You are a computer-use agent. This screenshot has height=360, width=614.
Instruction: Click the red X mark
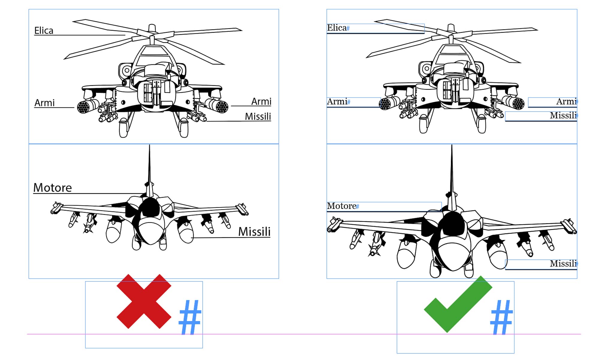coord(144,301)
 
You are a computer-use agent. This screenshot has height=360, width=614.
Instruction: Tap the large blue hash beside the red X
coord(190,317)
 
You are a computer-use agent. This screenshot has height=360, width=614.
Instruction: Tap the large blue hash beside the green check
coord(501,317)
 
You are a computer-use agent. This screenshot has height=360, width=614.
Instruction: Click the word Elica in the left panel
coord(44,31)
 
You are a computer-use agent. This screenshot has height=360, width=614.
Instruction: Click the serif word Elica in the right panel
coord(337,28)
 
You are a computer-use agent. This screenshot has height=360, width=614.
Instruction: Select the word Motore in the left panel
coord(52,188)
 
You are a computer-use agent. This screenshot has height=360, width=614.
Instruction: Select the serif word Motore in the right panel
coord(341,206)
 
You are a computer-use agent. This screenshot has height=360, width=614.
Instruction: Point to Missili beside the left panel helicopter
coord(258,116)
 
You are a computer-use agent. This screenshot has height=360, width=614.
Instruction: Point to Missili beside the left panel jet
coord(254,232)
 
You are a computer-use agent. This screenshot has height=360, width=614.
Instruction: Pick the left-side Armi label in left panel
coord(44,103)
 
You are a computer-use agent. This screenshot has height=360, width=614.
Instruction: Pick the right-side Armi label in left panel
coord(261,102)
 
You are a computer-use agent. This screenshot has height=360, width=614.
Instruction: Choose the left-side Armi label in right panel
coord(337,102)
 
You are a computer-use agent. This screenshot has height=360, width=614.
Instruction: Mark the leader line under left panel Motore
coord(90,193)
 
